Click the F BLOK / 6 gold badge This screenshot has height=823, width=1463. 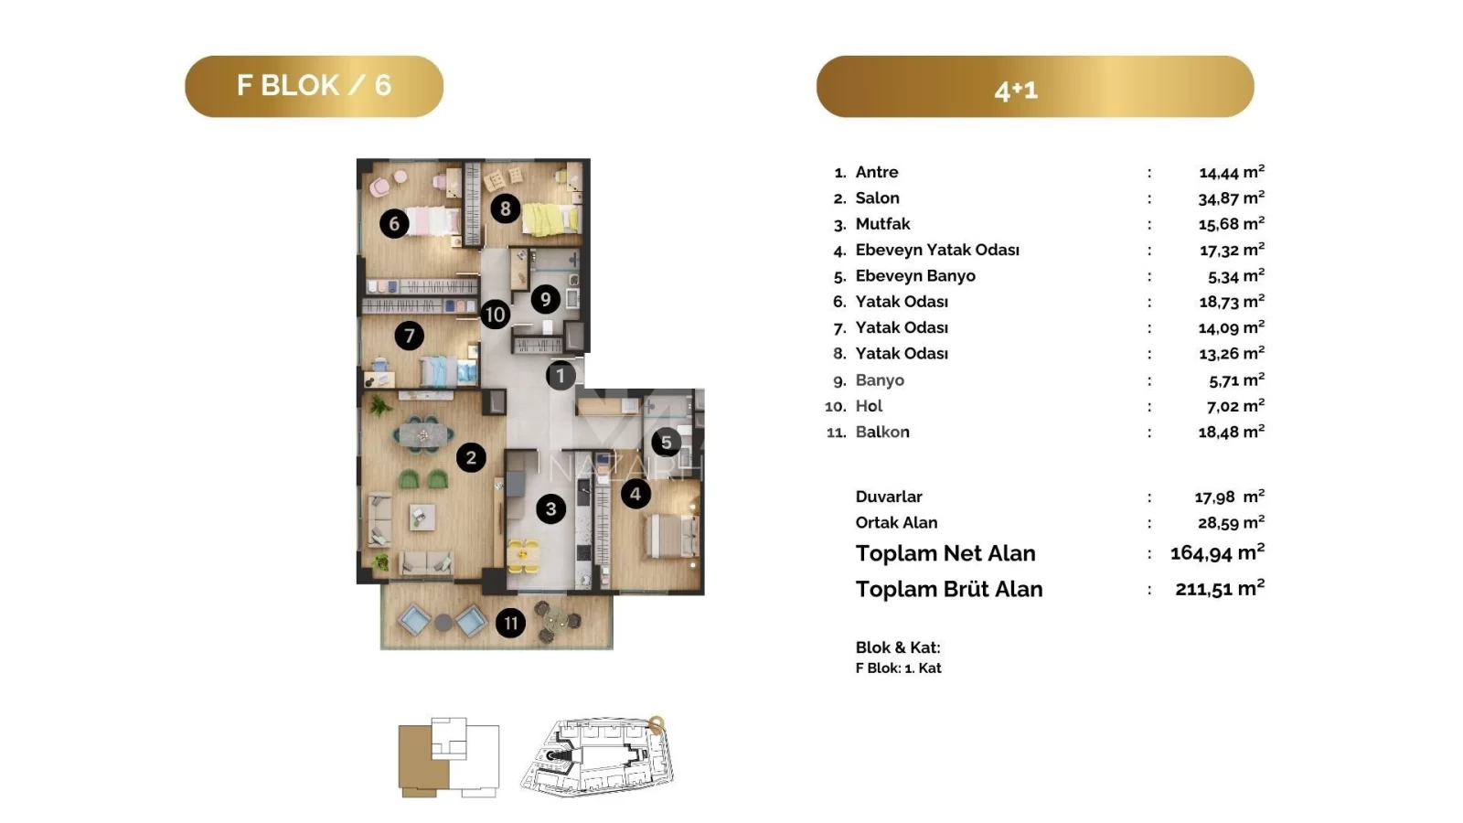pyautogui.click(x=315, y=86)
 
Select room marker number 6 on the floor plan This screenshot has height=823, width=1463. pyautogui.click(x=394, y=224)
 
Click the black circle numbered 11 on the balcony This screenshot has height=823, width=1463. pyautogui.click(x=511, y=623)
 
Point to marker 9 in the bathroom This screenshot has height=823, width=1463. pyautogui.click(x=545, y=299)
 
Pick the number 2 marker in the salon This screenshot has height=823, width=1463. pyautogui.click(x=471, y=457)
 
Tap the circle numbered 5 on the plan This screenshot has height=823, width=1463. pyautogui.click(x=667, y=443)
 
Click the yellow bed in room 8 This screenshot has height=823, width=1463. pyautogui.click(x=550, y=219)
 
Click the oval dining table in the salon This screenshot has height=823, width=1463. pyautogui.click(x=423, y=433)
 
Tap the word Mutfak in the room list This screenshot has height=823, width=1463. pyautogui.click(x=882, y=224)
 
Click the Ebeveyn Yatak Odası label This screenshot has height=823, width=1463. pyautogui.click(x=937, y=251)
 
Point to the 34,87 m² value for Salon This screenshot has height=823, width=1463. pyautogui.click(x=1231, y=198)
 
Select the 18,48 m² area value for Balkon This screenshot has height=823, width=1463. pyautogui.click(x=1231, y=432)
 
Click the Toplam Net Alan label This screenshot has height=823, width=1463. pyautogui.click(x=945, y=553)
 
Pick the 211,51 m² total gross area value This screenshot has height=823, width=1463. pyautogui.click(x=1220, y=589)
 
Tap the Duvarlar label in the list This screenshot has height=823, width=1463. pyautogui.click(x=889, y=497)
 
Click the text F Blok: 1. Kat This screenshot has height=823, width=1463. pyautogui.click(x=899, y=668)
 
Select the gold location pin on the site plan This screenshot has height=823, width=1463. pyautogui.click(x=657, y=724)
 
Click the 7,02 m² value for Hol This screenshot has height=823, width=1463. pyautogui.click(x=1235, y=406)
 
